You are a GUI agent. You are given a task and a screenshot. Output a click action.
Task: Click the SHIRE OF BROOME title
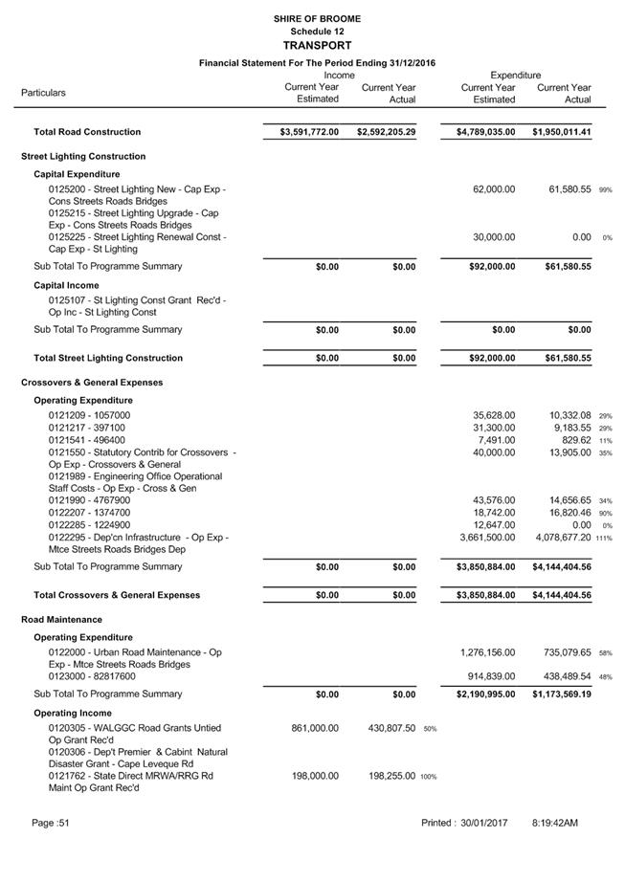tap(317, 18)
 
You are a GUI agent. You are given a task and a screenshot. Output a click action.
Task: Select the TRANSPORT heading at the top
tap(317, 45)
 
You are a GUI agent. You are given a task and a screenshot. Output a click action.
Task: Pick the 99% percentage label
tap(605, 190)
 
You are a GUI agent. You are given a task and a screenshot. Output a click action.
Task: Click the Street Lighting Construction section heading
tap(83, 156)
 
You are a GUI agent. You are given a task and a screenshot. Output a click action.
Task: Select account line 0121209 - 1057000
tap(89, 415)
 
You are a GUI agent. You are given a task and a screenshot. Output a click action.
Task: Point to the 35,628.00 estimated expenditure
tap(494, 415)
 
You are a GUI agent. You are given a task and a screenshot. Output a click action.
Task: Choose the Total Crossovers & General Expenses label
tap(117, 595)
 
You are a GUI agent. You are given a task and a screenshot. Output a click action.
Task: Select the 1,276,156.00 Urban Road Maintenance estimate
tap(487, 652)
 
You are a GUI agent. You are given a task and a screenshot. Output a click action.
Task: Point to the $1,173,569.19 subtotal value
tap(562, 694)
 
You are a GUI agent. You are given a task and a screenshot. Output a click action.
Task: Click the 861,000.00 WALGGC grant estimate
tap(315, 728)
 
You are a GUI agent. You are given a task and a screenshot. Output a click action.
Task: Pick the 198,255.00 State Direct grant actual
tap(391, 776)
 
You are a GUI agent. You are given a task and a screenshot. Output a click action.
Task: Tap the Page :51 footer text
tap(51, 823)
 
